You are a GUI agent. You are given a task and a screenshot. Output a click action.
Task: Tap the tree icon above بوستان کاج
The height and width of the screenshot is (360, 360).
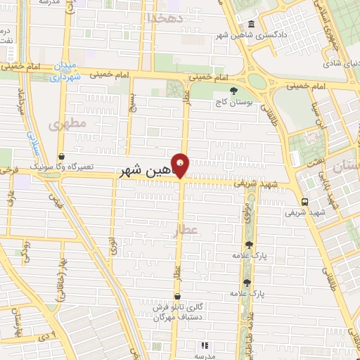(x=234, y=90)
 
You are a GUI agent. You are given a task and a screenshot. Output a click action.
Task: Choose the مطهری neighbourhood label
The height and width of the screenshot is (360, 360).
(x=67, y=124)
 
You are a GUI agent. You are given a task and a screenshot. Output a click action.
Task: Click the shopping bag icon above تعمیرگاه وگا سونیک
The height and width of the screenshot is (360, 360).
(x=62, y=157)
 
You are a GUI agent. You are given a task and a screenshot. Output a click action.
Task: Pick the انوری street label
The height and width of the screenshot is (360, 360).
(x=113, y=246)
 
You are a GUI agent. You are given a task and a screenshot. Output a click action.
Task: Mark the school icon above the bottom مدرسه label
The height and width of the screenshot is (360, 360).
(x=205, y=345)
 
